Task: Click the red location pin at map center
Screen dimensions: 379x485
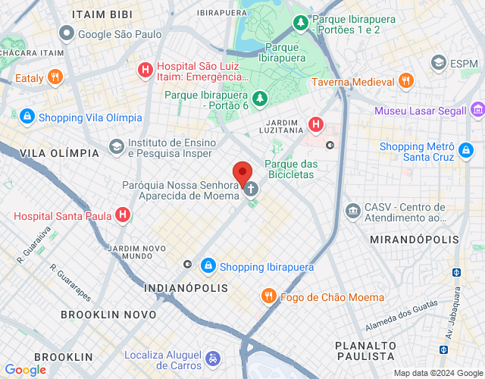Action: click(x=242, y=174)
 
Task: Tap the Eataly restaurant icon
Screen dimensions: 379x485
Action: click(x=55, y=77)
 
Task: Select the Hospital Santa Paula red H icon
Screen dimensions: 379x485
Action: click(x=123, y=216)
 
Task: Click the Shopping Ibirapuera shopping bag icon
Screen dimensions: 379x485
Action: click(x=208, y=267)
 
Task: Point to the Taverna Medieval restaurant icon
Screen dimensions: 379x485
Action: click(x=406, y=81)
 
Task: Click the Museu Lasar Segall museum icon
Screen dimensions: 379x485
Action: click(x=477, y=111)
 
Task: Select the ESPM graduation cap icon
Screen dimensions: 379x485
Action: click(x=437, y=62)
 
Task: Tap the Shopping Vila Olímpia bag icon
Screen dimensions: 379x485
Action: click(x=27, y=117)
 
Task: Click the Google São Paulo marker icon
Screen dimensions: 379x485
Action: click(x=67, y=33)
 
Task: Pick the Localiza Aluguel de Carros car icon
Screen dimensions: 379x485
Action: click(x=214, y=357)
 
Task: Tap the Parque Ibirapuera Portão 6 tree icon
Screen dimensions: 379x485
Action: click(x=260, y=98)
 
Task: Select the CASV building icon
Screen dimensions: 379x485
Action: click(x=352, y=210)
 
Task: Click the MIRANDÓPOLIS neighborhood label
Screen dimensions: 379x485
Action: click(x=414, y=240)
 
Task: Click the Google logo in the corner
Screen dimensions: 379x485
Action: click(x=25, y=370)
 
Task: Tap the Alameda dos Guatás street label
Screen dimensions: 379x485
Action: click(x=402, y=315)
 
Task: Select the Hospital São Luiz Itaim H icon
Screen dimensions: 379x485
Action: click(x=144, y=70)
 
